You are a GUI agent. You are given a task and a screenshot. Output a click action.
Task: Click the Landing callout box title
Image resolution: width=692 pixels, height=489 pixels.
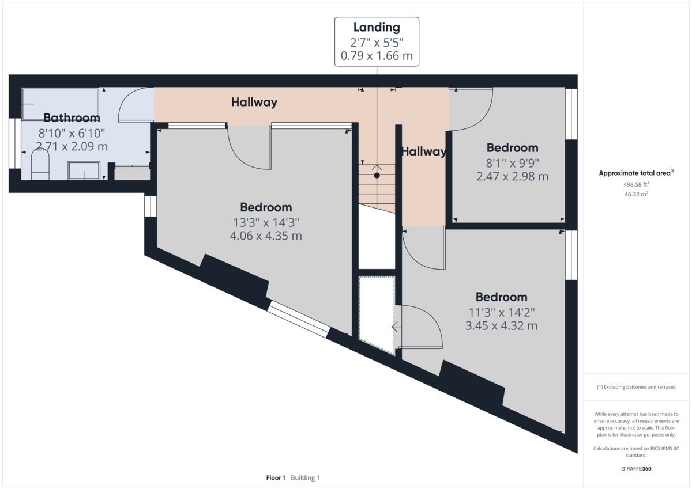click(x=377, y=27)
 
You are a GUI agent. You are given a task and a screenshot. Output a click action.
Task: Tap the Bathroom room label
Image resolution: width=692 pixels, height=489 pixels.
click(x=72, y=118)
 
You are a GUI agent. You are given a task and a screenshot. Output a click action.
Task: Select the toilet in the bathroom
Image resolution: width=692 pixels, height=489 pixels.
click(x=39, y=165)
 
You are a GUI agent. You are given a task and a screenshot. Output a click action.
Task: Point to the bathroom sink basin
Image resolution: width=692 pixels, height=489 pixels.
click(x=85, y=170)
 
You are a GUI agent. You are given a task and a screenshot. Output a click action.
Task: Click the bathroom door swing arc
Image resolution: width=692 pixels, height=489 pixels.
click(x=134, y=104)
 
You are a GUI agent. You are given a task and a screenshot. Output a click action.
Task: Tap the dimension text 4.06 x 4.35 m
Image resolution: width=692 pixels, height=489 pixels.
click(x=266, y=236)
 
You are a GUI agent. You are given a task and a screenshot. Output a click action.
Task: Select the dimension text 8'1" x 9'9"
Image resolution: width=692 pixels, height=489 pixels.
click(x=512, y=162)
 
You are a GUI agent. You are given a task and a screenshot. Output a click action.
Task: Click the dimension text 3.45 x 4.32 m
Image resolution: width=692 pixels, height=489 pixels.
click(x=501, y=326)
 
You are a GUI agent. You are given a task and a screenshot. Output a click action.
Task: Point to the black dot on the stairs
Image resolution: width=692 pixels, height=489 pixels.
click(x=377, y=175)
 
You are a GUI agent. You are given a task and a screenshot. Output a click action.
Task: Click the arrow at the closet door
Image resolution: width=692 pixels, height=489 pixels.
click(x=396, y=327)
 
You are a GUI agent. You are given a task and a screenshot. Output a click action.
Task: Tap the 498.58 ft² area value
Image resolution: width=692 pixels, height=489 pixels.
click(x=636, y=184)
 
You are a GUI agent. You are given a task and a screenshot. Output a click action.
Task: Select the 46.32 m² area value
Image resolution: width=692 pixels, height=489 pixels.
click(x=636, y=195)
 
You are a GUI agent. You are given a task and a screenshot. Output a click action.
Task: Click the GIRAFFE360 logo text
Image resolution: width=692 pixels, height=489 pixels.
click(x=636, y=469)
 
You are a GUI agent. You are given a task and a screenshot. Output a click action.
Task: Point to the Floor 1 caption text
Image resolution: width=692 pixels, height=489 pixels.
click(x=276, y=478)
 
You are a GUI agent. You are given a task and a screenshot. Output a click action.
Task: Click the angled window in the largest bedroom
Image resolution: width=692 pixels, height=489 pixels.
click(x=299, y=319)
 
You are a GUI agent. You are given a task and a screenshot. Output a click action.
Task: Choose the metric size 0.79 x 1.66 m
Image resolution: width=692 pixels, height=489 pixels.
click(x=377, y=57)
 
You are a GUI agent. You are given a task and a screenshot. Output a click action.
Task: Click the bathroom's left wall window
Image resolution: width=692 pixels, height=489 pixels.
click(x=14, y=143)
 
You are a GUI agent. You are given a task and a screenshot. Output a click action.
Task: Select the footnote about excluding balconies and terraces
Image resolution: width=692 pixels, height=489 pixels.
click(x=636, y=387)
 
